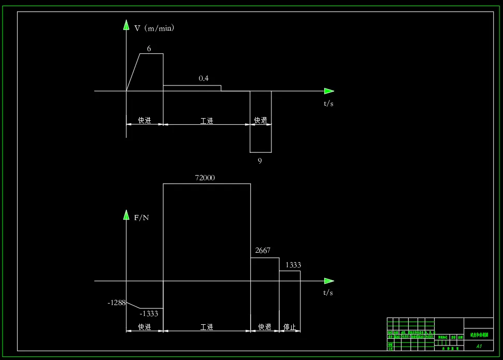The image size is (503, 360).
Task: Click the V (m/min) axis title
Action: click(154, 28)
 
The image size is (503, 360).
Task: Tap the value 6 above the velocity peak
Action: click(149, 49)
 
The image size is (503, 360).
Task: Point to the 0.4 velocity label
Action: click(204, 78)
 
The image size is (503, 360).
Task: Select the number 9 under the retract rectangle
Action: click(260, 161)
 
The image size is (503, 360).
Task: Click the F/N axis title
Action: click(141, 218)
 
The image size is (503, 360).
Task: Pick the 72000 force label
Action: click(205, 178)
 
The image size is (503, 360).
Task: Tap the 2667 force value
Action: click(263, 251)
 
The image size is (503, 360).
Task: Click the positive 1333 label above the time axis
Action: click(293, 265)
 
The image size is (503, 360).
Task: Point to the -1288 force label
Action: click(117, 303)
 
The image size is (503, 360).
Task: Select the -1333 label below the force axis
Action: click(149, 313)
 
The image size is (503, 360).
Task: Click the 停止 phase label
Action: click(290, 327)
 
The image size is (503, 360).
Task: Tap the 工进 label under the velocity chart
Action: click(207, 121)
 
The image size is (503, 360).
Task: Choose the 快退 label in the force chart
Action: click(265, 327)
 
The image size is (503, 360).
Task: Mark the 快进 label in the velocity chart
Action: click(145, 121)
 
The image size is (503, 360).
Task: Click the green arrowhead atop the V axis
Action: click(126, 25)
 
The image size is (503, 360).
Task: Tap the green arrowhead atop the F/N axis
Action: click(126, 214)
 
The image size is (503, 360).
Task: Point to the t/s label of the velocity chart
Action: click(328, 104)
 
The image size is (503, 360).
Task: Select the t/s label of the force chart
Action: click(328, 293)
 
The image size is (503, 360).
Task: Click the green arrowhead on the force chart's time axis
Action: click(329, 281)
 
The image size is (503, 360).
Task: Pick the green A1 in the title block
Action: click(479, 345)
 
